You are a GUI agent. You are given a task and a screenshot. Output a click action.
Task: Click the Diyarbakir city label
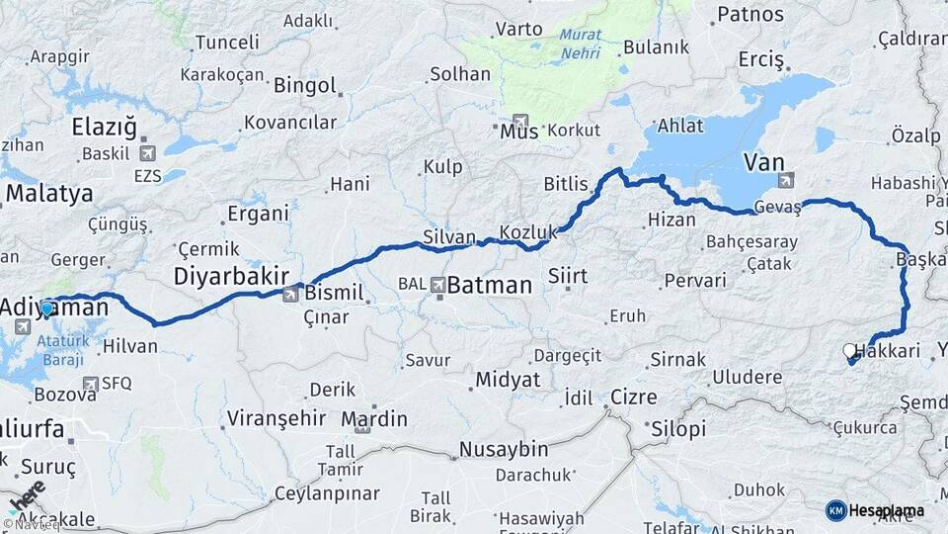[x=232, y=275]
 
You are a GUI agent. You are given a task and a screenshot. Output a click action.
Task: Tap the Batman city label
[x=490, y=286]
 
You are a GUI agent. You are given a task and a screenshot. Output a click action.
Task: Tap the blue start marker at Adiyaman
[x=47, y=308]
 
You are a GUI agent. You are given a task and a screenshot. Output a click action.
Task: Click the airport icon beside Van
[x=786, y=180]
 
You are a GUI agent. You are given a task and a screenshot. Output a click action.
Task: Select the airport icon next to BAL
[x=437, y=285]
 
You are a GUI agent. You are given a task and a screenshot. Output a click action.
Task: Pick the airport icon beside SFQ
[x=91, y=384]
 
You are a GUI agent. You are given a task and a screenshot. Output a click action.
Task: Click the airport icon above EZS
[x=148, y=153]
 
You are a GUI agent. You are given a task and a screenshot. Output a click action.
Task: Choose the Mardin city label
[x=374, y=419]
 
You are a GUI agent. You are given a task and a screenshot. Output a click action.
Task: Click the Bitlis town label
[x=566, y=184]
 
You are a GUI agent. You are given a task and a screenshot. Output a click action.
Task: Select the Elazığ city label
[x=104, y=127]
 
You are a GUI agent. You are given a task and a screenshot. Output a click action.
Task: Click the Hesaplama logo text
[x=885, y=510]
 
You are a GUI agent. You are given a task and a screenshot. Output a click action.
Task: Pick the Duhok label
[x=759, y=489]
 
